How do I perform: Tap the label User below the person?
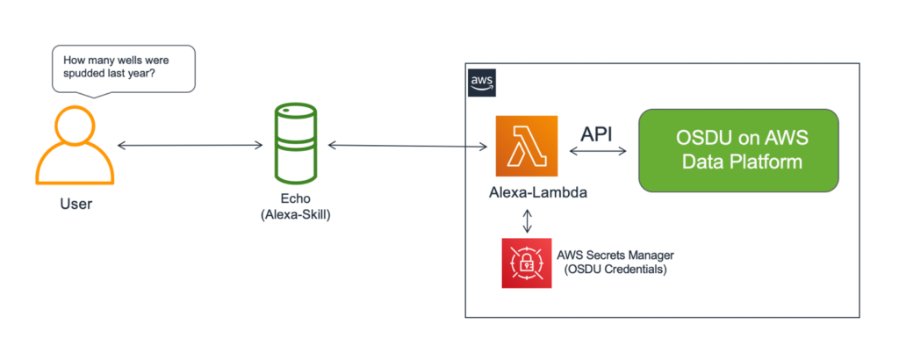click(x=76, y=204)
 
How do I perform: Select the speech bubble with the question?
click(x=122, y=68)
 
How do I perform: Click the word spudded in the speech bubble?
click(x=88, y=76)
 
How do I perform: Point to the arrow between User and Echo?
click(x=190, y=143)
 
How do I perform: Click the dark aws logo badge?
click(x=482, y=83)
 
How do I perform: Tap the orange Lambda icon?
click(x=527, y=145)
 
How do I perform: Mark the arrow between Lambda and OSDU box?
click(x=597, y=152)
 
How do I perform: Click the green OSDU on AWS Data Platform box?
click(x=738, y=150)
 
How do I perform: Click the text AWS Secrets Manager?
click(x=616, y=256)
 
